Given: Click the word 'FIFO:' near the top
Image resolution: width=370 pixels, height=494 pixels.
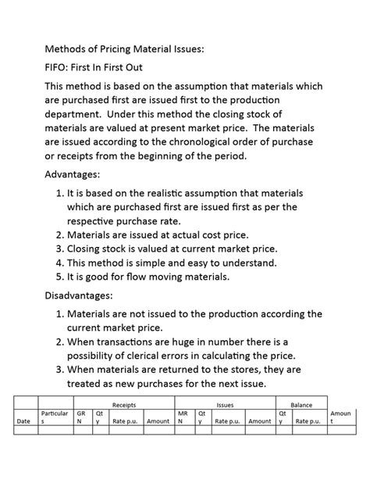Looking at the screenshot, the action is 61,67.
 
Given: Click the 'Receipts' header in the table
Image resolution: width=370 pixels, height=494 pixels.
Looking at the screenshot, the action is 124,405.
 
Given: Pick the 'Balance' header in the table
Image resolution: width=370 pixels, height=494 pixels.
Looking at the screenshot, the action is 301,405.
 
